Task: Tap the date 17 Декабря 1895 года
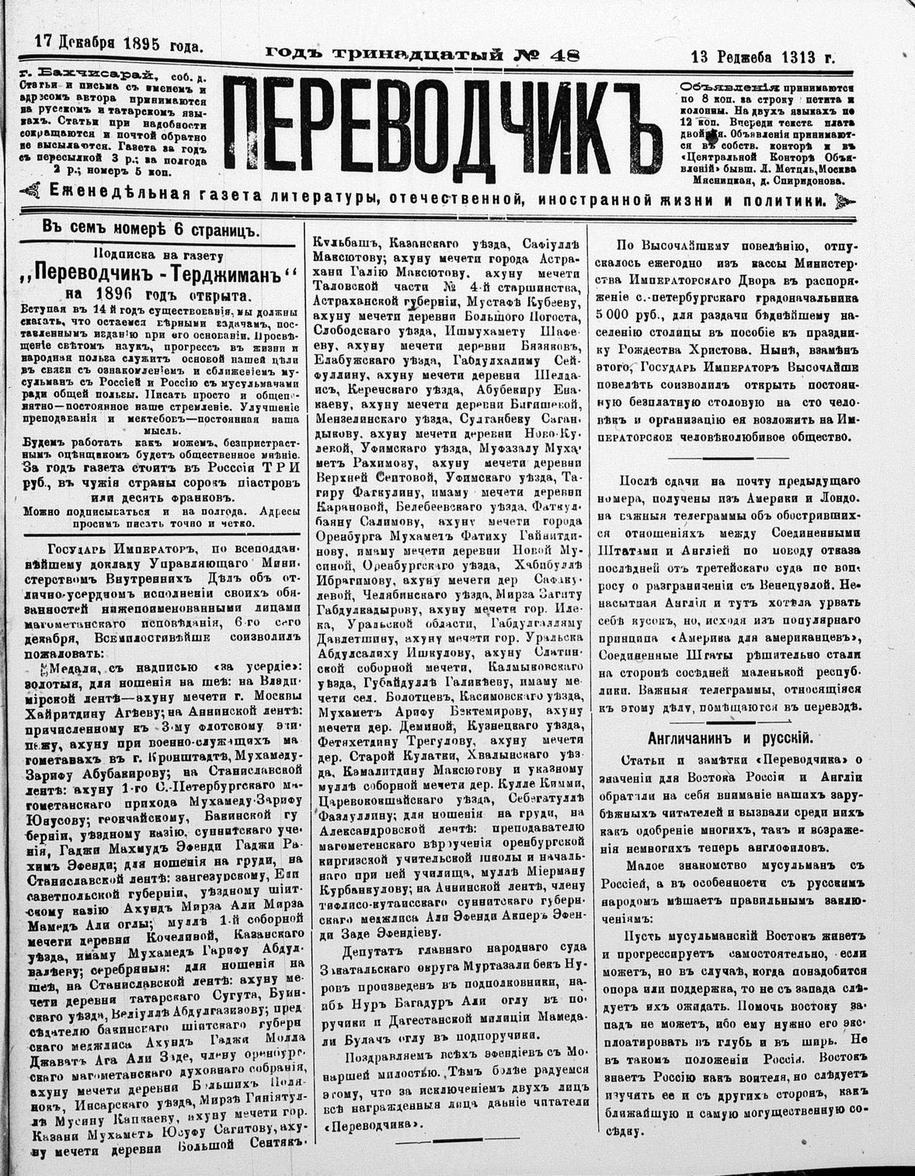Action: coord(119,44)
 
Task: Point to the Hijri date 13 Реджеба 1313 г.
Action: coord(763,57)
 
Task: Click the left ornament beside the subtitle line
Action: coord(33,190)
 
